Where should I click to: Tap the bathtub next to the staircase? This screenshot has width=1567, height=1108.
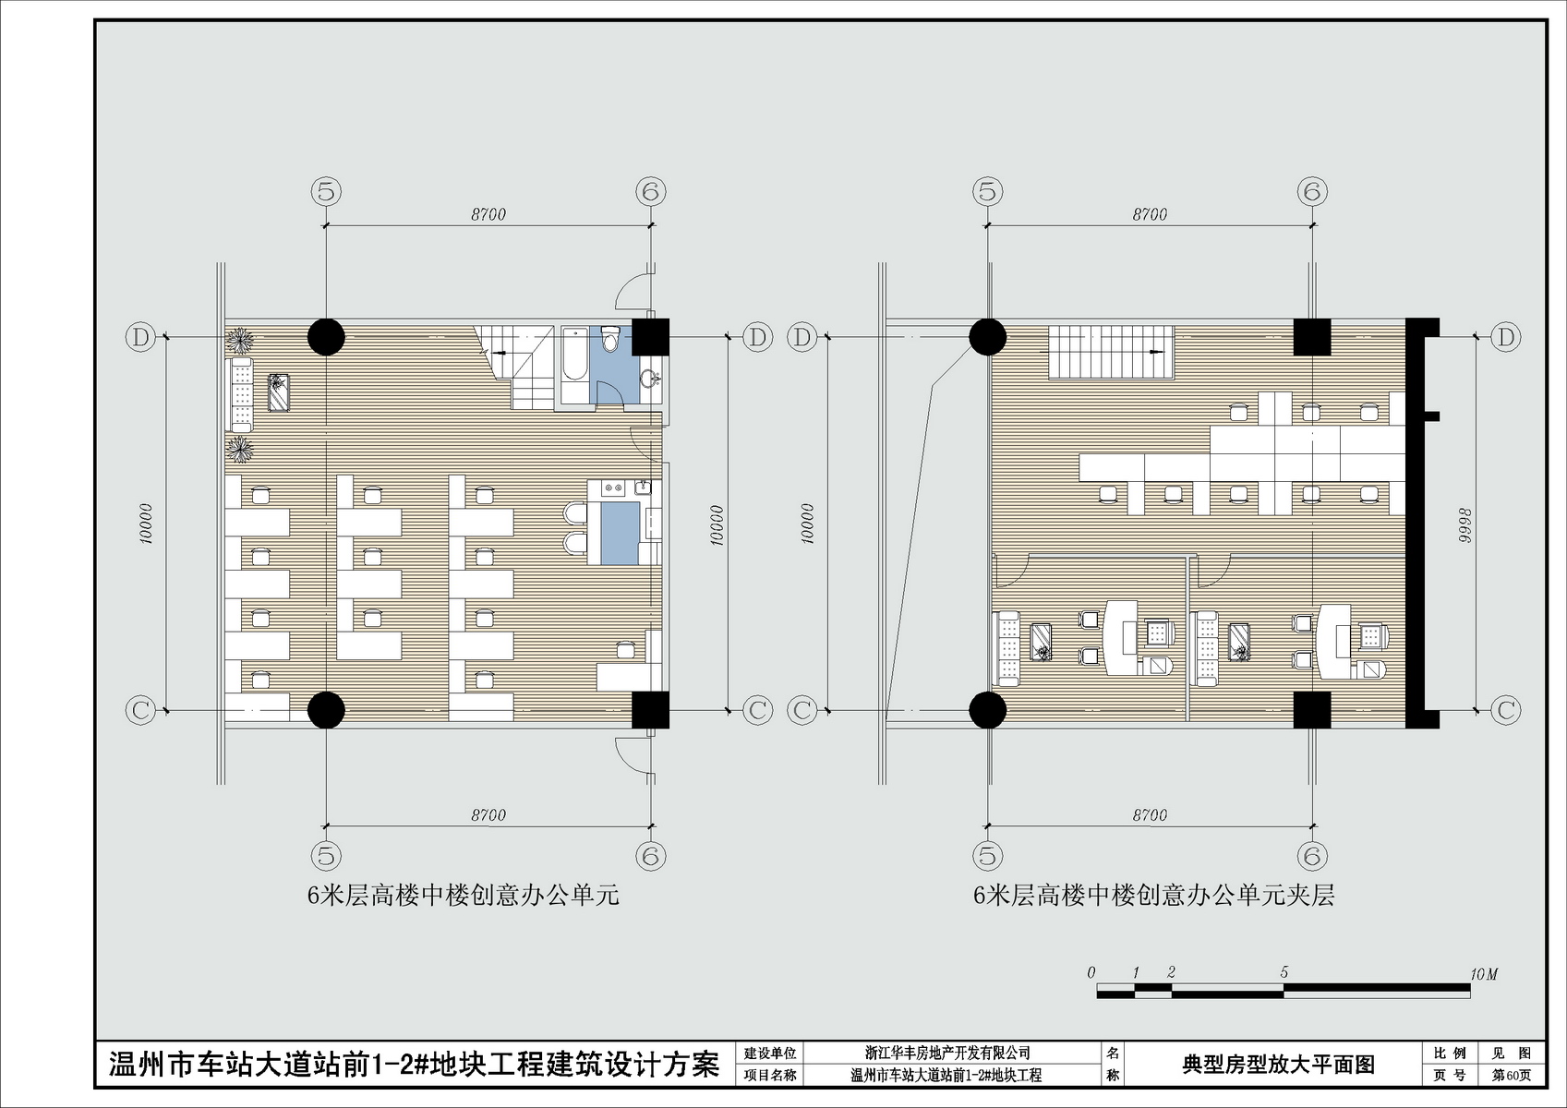[x=575, y=364]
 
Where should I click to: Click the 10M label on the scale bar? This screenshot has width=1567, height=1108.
[x=1483, y=974]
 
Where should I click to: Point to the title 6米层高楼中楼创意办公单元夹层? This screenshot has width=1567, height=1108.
[x=1153, y=896]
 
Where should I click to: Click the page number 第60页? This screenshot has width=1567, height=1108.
[x=1511, y=1075]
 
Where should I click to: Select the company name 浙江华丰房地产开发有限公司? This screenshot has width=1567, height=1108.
[x=947, y=1053]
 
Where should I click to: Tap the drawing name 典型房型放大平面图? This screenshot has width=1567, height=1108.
[x=1278, y=1064]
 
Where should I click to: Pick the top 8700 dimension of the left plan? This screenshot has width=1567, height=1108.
[x=488, y=215]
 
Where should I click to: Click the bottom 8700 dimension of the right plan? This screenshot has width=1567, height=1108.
[x=1150, y=815]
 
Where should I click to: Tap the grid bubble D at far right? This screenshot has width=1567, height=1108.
[x=1505, y=337]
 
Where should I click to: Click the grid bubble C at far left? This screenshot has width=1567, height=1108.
[x=140, y=711]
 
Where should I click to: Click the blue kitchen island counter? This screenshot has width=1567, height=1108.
[x=621, y=533]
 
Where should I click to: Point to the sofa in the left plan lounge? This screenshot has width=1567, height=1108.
[x=239, y=394]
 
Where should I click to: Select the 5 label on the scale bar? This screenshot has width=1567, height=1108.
[x=1284, y=972]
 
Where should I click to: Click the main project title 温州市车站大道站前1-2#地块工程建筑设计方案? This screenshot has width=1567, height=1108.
[x=414, y=1065]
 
